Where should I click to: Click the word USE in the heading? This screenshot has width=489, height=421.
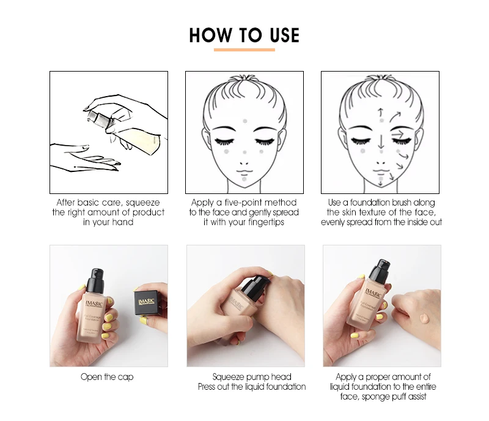[284, 35]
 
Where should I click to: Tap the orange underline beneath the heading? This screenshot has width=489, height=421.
[244, 50]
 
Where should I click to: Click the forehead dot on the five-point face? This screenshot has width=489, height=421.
[245, 121]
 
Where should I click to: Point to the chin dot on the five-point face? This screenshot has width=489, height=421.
[244, 179]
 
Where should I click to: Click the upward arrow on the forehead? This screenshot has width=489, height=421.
[380, 113]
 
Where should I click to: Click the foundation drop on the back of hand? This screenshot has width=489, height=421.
[424, 319]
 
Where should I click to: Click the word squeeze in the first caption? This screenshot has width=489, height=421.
[143, 203]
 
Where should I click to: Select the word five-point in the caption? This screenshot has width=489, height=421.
[245, 203]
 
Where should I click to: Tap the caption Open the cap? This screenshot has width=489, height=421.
[107, 377]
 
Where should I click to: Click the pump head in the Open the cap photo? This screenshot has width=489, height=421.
[96, 280]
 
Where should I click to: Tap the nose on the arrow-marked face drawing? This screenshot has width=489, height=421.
[380, 163]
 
